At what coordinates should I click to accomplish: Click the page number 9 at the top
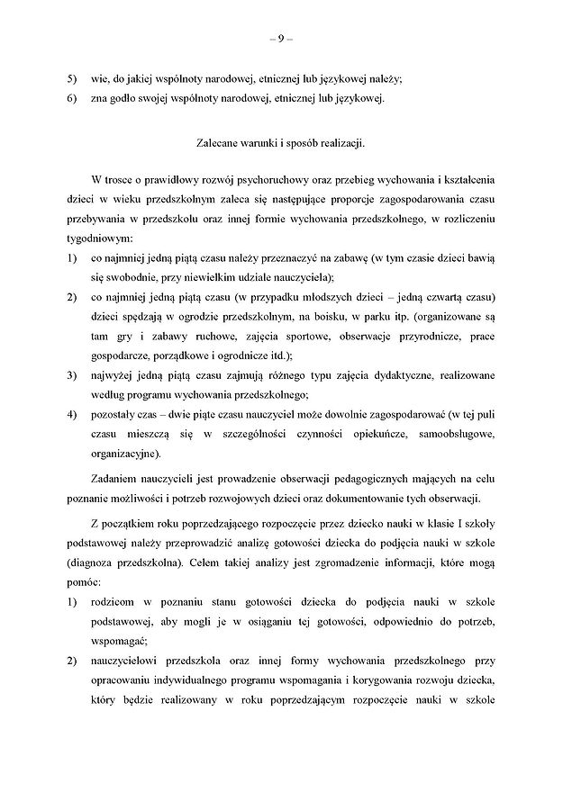(281, 39)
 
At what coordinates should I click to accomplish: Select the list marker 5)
(71, 78)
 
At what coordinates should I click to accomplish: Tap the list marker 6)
(71, 99)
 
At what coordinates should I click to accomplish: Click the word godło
(122, 99)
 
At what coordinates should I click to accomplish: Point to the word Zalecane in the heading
(217, 142)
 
